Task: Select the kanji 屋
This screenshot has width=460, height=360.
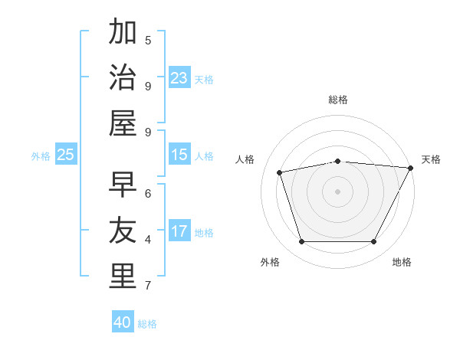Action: point(123,123)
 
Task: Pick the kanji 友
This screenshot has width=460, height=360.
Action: point(123,231)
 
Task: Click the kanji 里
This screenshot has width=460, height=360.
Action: point(123,277)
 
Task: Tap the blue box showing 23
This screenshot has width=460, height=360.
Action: point(179,78)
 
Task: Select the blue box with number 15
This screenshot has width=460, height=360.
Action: point(179,155)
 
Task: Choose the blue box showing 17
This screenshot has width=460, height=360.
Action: point(179,231)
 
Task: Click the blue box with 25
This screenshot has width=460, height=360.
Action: point(66,155)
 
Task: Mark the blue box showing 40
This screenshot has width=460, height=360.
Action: point(123,322)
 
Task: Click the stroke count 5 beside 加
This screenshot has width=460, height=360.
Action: point(148,40)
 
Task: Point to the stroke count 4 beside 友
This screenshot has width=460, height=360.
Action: point(148,240)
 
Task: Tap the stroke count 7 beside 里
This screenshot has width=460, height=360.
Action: point(148,286)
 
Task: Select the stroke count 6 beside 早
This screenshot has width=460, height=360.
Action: point(148,193)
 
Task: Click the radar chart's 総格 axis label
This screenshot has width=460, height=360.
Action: point(337,100)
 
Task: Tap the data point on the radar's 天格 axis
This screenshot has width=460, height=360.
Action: point(410,168)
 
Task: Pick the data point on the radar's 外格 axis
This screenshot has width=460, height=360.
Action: point(301,242)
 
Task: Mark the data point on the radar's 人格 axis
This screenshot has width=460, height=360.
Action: point(280,172)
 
